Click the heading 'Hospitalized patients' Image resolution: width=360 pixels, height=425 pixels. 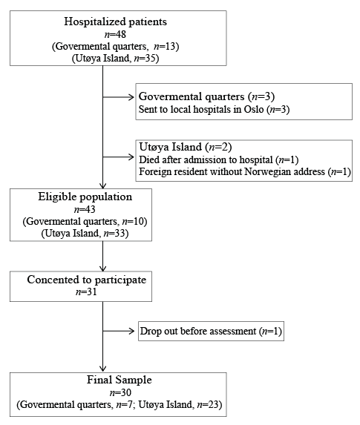click(x=115, y=22)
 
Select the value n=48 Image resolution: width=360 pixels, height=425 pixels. click(x=115, y=34)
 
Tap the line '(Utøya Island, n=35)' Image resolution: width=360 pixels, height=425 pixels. click(x=115, y=59)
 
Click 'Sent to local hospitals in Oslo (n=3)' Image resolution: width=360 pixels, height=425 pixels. click(x=214, y=109)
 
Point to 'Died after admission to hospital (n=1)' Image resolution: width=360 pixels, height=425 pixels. click(x=219, y=159)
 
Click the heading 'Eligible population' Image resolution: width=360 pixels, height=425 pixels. click(x=85, y=197)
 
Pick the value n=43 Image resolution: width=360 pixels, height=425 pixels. click(x=85, y=209)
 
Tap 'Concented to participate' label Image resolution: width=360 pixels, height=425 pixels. click(x=87, y=280)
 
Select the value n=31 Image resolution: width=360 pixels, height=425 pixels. click(x=86, y=292)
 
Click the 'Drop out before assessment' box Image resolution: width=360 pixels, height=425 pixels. click(x=211, y=331)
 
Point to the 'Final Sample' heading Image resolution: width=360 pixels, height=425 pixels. click(x=119, y=380)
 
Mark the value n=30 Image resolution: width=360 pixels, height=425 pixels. click(x=120, y=392)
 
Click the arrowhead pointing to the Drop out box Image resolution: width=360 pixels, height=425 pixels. click(x=132, y=331)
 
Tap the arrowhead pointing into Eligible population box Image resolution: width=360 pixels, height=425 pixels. click(x=103, y=185)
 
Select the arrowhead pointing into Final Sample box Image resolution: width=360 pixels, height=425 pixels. click(x=103, y=369)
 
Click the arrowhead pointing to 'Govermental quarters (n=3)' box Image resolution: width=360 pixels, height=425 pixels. click(x=132, y=97)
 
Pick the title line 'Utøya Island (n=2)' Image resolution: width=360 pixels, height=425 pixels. click(x=186, y=147)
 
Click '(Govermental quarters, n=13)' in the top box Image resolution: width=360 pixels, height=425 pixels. click(x=115, y=46)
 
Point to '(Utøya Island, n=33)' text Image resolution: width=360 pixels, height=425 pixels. click(x=85, y=234)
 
